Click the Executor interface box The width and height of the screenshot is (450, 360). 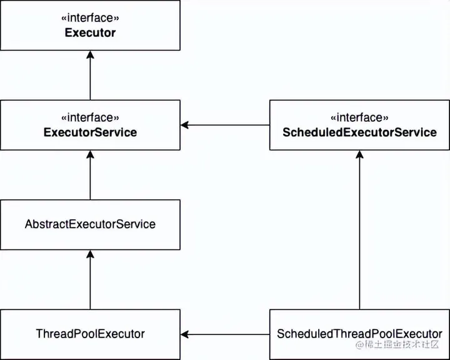click(x=90, y=25)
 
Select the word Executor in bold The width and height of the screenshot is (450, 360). click(x=90, y=32)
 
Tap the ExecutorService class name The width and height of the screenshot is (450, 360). click(x=91, y=132)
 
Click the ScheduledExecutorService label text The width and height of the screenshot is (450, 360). click(x=359, y=132)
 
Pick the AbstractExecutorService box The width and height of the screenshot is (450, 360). click(x=90, y=224)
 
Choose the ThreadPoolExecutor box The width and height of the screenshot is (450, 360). click(x=90, y=334)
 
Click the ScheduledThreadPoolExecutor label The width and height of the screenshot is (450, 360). click(x=359, y=334)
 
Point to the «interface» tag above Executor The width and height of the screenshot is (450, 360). click(x=90, y=18)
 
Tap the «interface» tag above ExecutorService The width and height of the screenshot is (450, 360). click(x=91, y=117)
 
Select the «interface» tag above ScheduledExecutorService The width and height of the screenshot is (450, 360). click(x=359, y=117)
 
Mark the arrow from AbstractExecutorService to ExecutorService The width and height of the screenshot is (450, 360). click(x=90, y=178)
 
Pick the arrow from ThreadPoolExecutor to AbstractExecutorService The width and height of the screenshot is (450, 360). click(x=90, y=281)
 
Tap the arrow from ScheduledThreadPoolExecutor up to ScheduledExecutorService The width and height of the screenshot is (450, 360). click(x=359, y=231)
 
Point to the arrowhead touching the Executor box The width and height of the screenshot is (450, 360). click(x=90, y=55)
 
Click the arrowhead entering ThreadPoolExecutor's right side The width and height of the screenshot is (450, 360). click(x=186, y=334)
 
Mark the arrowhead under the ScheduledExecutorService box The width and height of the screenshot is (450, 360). click(x=359, y=155)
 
